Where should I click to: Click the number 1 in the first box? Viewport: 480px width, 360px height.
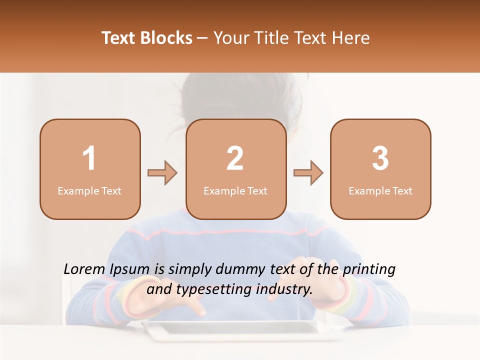click(89, 158)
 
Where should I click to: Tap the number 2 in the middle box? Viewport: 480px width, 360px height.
click(235, 158)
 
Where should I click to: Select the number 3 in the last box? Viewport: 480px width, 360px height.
click(380, 158)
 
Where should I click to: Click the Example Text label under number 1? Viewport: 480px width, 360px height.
click(89, 191)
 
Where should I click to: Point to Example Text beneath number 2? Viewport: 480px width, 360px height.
click(235, 191)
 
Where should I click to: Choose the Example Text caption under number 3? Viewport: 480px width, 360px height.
click(380, 191)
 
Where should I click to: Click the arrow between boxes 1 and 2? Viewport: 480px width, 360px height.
click(162, 173)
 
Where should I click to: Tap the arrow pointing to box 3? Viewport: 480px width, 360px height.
click(308, 173)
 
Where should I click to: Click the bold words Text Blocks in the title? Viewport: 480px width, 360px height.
click(147, 38)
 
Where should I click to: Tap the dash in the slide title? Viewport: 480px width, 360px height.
click(203, 38)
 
